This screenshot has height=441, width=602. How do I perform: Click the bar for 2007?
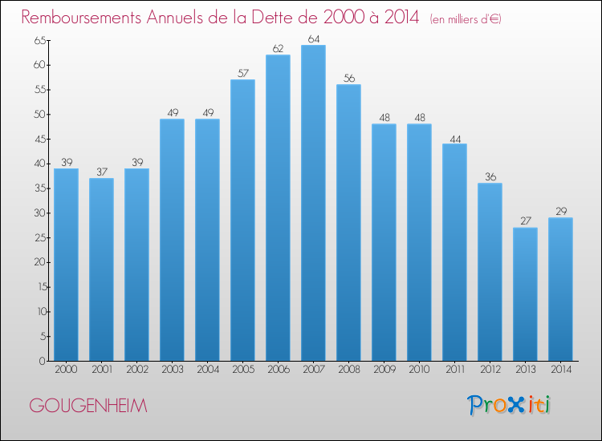coord(313,203)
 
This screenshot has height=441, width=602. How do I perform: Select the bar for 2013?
coord(525,294)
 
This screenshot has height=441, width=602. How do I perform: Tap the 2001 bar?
coord(101,269)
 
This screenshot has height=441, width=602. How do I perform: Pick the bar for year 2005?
coord(242,220)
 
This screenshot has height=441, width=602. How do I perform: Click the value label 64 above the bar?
coord(314,38)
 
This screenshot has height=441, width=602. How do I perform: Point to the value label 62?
coord(278,49)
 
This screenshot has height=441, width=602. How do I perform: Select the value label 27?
coord(526,220)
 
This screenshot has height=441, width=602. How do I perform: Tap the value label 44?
coord(455,140)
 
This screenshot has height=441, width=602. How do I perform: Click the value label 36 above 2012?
coord(490,176)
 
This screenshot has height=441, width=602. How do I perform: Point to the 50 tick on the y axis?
coord(39,115)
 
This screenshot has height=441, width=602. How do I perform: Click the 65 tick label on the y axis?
coord(39,40)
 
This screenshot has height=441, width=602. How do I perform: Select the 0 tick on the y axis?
coord(43,361)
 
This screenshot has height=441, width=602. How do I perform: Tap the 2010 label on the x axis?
coord(419,370)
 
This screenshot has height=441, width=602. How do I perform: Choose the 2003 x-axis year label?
coord(173,370)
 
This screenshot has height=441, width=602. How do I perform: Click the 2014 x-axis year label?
coord(561,370)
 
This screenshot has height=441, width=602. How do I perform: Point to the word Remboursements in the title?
coord(81,17)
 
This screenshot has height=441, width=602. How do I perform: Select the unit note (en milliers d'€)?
coord(466,19)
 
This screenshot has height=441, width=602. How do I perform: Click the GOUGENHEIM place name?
coord(88,406)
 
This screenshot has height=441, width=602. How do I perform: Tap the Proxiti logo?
coord(509,405)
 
